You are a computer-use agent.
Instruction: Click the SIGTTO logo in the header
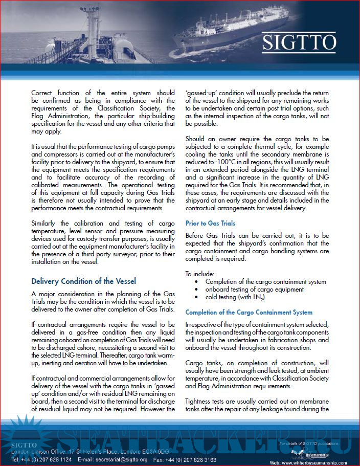pos(299,42)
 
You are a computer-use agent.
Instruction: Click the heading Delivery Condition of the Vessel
pos(83,281)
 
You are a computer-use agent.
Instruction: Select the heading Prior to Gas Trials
pos(210,223)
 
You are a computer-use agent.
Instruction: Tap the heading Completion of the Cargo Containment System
pos(249,312)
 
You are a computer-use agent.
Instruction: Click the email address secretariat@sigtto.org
pos(120,459)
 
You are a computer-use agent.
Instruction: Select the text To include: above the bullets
pos(201,274)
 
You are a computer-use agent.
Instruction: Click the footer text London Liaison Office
pos(38,452)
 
